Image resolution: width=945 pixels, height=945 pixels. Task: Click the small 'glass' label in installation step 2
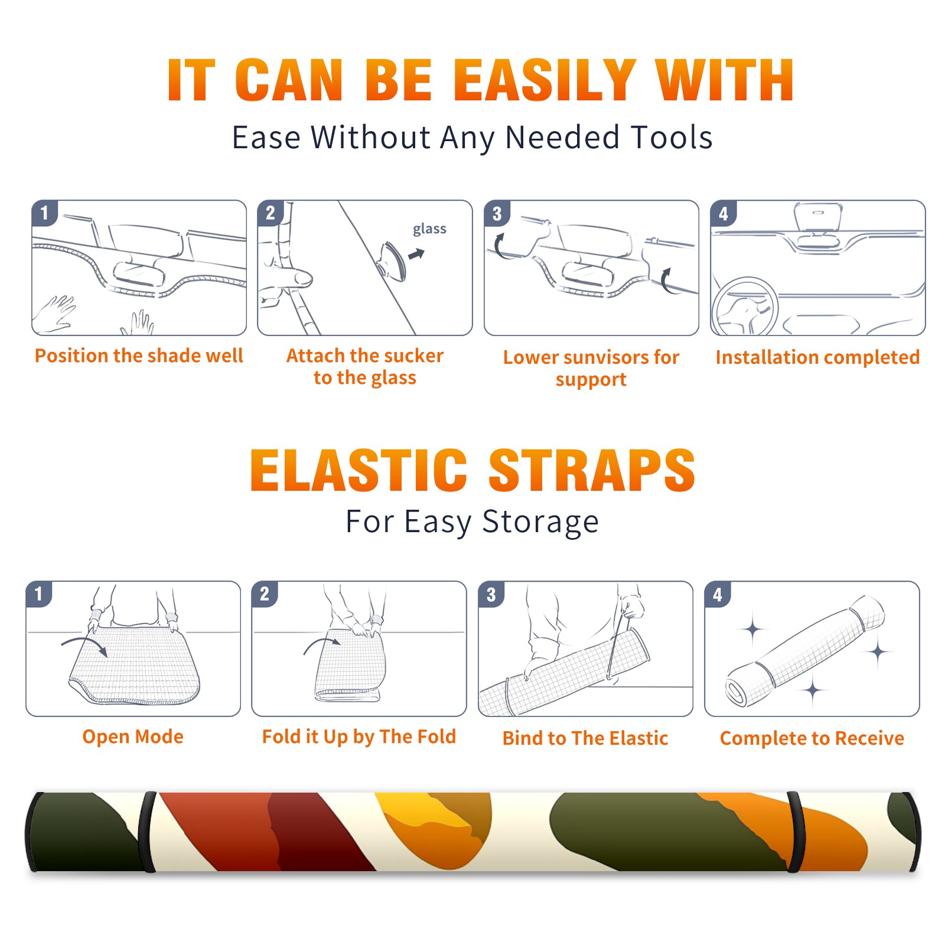click(429, 229)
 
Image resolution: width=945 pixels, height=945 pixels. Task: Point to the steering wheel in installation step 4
click(745, 307)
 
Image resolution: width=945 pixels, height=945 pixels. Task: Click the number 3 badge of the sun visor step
click(497, 214)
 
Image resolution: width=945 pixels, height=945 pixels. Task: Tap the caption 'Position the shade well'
click(139, 356)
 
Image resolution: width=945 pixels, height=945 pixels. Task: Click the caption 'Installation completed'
click(817, 357)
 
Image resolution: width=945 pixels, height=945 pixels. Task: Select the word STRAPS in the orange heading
click(592, 470)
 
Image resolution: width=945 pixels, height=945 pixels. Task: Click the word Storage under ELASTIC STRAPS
click(540, 523)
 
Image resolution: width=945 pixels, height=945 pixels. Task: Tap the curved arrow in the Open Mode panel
click(84, 645)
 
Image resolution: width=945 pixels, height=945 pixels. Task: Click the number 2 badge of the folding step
click(265, 594)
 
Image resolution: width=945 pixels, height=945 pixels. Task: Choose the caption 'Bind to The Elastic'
click(585, 738)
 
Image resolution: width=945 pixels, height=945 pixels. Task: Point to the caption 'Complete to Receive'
click(812, 738)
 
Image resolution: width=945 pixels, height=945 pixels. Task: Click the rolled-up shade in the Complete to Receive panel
click(806, 650)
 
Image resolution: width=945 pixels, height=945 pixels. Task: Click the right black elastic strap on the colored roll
click(795, 832)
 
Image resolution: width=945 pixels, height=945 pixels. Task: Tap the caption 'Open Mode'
click(133, 737)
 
